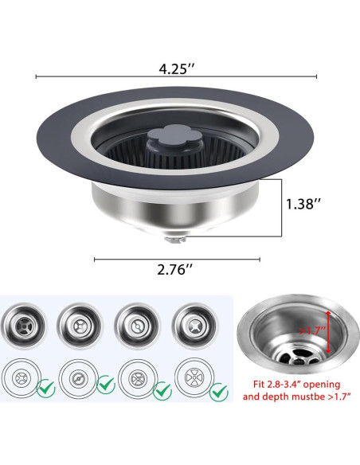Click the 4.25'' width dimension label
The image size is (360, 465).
click(176, 68)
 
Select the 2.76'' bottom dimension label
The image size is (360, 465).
click(176, 270)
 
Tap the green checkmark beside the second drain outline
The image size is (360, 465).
click(105, 385)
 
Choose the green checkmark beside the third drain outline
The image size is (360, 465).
click(162, 389)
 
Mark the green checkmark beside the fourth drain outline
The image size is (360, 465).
click(217, 388)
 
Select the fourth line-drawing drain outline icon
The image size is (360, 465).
click(192, 379)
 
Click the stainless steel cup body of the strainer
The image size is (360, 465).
click(171, 209)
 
